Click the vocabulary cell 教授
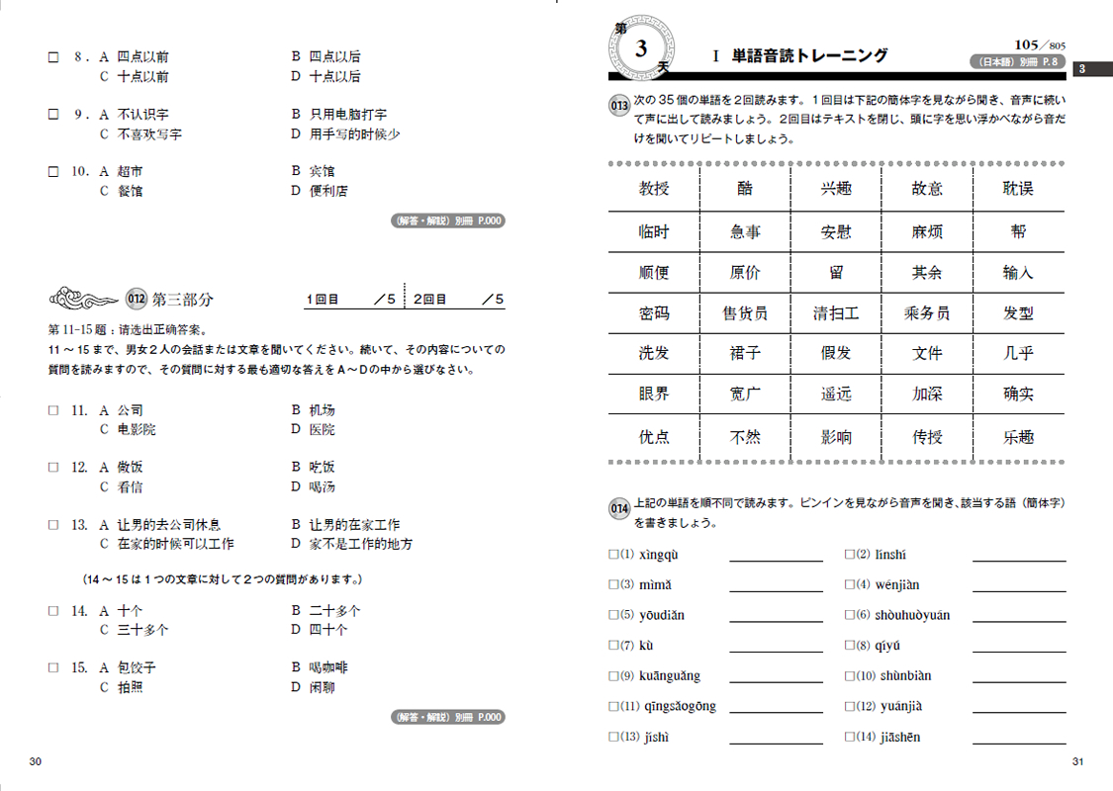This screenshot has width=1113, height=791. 654,189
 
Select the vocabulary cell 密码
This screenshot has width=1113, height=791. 654,313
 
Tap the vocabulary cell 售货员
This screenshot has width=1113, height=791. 745,313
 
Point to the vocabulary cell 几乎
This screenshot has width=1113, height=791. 1018,353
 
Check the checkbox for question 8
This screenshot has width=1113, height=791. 53,57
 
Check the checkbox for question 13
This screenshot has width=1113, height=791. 53,525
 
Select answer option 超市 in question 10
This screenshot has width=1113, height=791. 130,171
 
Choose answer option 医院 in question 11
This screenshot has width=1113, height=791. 322,429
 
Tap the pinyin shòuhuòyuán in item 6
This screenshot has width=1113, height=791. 912,615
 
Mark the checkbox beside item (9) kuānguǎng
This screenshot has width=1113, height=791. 613,676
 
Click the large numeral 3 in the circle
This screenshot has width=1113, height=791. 641,47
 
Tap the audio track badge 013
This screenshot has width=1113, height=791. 619,106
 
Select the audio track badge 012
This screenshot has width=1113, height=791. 137,299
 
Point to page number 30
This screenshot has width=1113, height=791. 36,761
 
